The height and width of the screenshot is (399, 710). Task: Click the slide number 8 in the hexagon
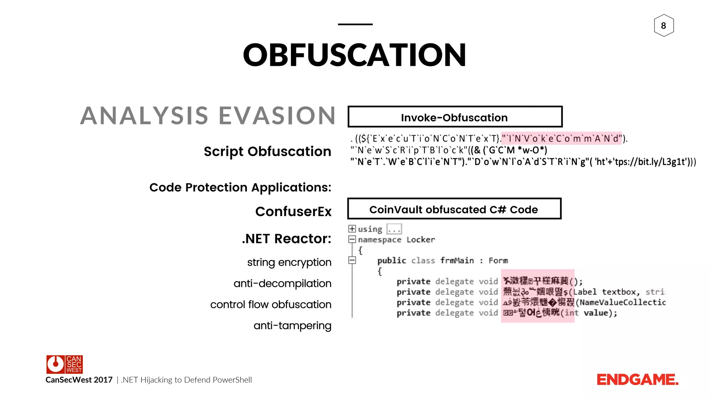(664, 26)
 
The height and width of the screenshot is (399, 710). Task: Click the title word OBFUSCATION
(355, 55)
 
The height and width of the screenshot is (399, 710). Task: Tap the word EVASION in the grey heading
(277, 116)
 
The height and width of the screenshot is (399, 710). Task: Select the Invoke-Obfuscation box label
(454, 117)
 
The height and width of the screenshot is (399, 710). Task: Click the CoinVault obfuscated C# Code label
(453, 210)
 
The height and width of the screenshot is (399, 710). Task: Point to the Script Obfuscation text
(267, 151)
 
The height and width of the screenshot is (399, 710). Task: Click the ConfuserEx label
(293, 211)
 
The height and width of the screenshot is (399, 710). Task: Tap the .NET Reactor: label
(286, 239)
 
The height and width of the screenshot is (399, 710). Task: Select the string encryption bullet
(289, 262)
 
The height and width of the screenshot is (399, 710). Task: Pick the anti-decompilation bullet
(282, 283)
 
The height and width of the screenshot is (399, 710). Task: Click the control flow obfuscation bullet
(271, 304)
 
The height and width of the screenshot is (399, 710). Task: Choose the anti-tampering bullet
(292, 326)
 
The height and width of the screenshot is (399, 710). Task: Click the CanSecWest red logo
(64, 364)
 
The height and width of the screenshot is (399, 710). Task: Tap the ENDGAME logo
(637, 380)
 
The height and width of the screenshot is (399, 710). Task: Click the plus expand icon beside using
(352, 229)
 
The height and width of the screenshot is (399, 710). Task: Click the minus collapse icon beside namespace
(352, 239)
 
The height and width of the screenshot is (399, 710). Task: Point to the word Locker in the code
(421, 240)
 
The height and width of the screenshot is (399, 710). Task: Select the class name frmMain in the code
(457, 260)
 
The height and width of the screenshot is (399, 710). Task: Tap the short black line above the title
(355, 24)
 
